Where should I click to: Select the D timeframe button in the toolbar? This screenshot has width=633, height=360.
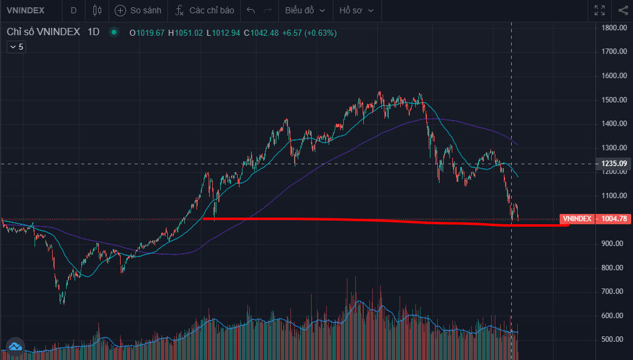(x=73, y=10)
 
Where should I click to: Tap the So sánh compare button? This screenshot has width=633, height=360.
(x=138, y=10)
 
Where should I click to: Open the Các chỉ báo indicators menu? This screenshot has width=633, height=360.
(x=204, y=10)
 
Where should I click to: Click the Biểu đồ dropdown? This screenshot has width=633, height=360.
(x=305, y=10)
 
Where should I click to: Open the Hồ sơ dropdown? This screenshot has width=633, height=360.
(x=356, y=10)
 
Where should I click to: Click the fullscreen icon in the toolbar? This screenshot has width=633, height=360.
(x=600, y=10)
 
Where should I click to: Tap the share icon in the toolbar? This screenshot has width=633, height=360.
(x=623, y=10)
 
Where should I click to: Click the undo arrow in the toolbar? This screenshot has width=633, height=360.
(x=251, y=10)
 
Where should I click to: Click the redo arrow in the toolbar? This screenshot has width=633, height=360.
(x=267, y=10)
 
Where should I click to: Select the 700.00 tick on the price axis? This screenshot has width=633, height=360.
(x=612, y=292)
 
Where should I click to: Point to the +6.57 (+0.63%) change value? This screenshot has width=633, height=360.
(x=309, y=33)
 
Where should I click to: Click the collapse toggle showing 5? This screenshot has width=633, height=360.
(x=16, y=47)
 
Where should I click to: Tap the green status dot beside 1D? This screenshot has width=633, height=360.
(x=113, y=32)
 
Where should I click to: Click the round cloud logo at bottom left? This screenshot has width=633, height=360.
(x=15, y=346)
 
